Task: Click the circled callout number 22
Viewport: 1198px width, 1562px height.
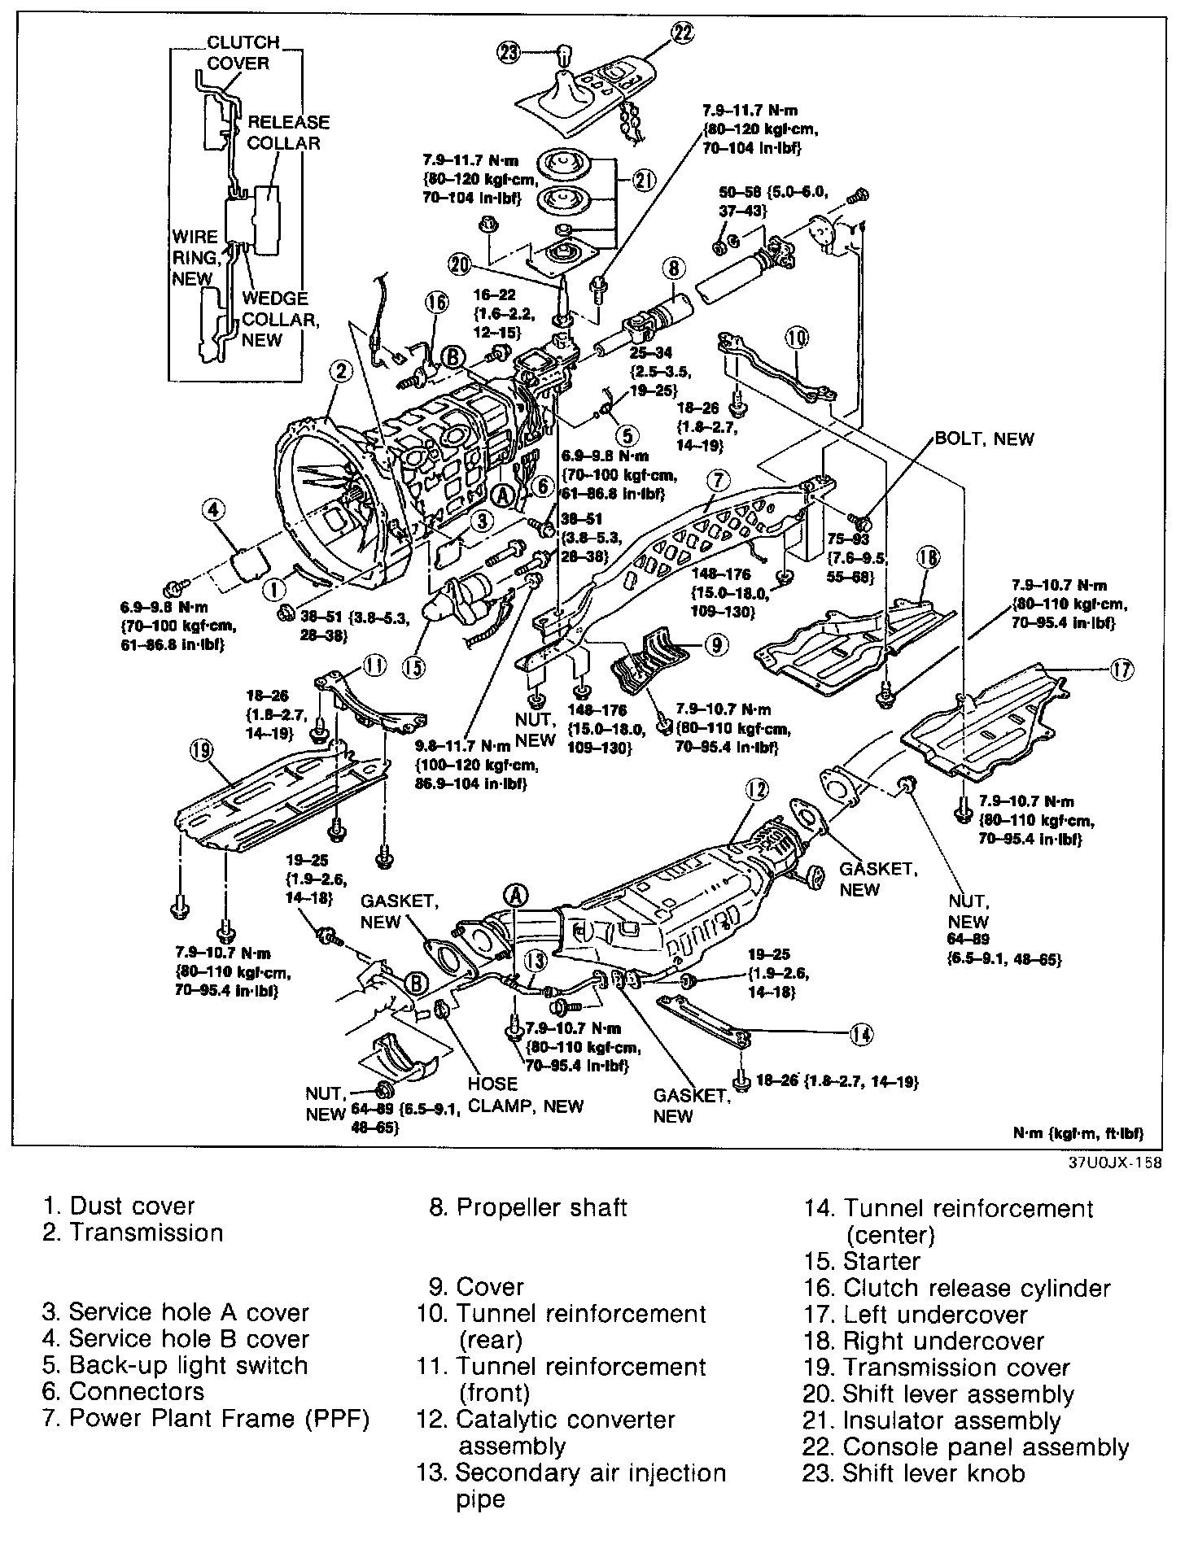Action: tap(681, 33)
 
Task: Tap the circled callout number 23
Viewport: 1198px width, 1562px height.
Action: tap(508, 54)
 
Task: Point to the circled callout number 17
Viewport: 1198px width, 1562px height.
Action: tap(1121, 669)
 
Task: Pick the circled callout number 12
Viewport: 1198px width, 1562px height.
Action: tap(757, 789)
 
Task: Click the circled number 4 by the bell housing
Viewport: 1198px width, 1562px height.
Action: tap(212, 511)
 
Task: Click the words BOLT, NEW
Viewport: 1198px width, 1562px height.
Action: tap(984, 439)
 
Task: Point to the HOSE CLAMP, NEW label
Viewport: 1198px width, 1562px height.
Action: tap(525, 1095)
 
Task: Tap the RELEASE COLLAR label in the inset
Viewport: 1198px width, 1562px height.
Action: tap(288, 133)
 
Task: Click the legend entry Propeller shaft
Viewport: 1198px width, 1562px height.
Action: tap(528, 1207)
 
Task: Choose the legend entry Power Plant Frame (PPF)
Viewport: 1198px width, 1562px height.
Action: tap(207, 1419)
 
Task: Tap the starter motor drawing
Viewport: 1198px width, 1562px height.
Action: tap(460, 598)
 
